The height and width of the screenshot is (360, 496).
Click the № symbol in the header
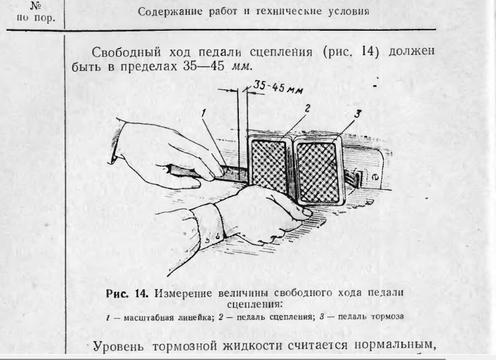tap(35, 6)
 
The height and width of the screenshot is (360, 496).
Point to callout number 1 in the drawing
tap(205, 113)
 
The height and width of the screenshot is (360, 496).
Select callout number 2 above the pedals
tap(306, 109)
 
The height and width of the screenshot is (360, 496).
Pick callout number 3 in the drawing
tap(357, 113)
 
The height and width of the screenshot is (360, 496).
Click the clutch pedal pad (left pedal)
tap(269, 165)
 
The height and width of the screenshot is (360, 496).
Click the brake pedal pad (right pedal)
tap(318, 171)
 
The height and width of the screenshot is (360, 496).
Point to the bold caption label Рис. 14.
tap(127, 294)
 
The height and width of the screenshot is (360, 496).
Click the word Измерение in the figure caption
tap(183, 294)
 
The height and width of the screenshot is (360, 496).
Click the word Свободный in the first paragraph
tap(126, 52)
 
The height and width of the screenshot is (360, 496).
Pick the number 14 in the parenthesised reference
tap(367, 51)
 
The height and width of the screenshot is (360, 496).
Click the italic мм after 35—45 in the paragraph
tap(242, 67)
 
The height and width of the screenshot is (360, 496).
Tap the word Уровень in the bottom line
tap(118, 346)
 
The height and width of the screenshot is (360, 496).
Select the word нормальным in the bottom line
tap(395, 344)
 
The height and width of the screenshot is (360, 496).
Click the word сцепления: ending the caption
tap(254, 304)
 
